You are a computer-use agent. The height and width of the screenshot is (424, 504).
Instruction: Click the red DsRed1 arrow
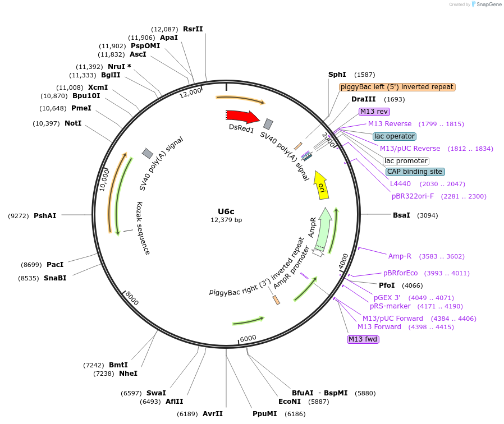pos(242,116)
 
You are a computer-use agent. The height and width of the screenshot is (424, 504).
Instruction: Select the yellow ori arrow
pos(321,185)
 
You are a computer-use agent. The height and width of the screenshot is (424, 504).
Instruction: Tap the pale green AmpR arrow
pos(323,230)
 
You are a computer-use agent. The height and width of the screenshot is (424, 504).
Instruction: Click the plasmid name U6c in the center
pos(226,211)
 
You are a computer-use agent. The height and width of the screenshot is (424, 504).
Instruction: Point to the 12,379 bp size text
pos(226,220)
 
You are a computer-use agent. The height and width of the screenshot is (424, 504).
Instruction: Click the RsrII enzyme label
pos(193,29)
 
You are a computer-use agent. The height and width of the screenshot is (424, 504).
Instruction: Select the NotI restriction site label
pos(73,123)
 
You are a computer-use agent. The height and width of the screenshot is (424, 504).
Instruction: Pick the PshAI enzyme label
pos(45,215)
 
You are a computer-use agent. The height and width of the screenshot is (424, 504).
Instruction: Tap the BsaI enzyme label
pos(401,215)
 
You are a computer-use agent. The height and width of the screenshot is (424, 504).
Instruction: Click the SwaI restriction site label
pos(156,393)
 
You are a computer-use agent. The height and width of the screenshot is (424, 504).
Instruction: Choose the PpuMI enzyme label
pos(265,414)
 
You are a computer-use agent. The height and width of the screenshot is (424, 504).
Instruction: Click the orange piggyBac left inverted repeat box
pos(397,87)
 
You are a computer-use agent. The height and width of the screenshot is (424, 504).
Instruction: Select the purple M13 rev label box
pos(374,112)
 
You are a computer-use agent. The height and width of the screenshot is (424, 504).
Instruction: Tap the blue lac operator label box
pos(394,136)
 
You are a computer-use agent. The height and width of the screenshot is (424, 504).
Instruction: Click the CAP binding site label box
pos(414,172)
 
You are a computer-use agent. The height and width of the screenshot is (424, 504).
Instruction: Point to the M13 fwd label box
pos(363,339)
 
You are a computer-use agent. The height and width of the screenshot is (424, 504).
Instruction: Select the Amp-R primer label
pos(400,256)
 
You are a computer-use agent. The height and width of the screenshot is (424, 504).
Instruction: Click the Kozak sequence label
pos(143,228)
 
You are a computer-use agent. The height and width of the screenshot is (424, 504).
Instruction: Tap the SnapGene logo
pos(486,4)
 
